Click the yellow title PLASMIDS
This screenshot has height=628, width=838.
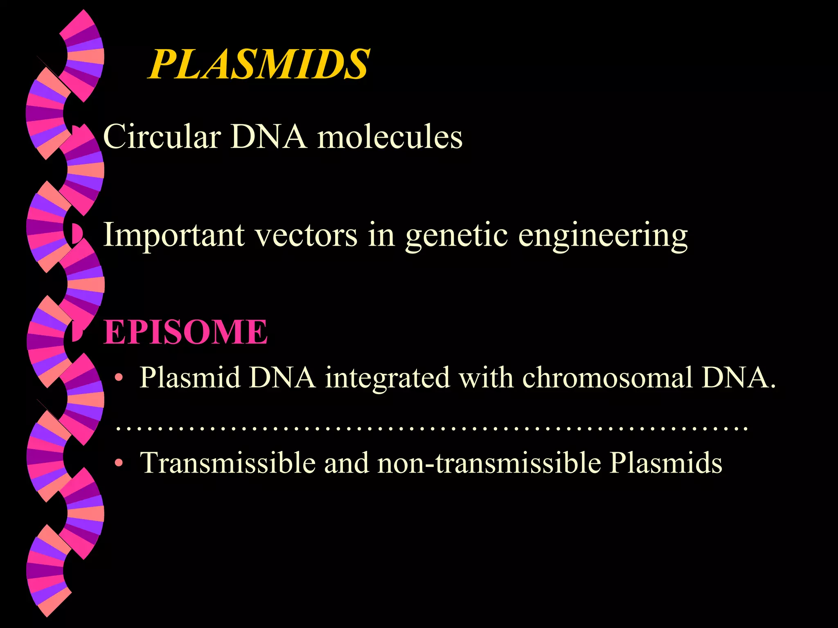click(259, 64)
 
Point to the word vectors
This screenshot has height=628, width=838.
click(306, 235)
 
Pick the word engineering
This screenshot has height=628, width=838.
click(603, 236)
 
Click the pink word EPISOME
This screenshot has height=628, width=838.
click(185, 332)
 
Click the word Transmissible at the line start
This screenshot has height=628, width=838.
click(228, 463)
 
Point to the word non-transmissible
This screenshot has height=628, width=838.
click(489, 463)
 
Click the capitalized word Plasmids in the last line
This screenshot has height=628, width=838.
click(666, 463)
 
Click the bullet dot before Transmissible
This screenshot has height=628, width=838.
click(119, 463)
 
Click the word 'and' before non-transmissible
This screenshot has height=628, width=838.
click(346, 463)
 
